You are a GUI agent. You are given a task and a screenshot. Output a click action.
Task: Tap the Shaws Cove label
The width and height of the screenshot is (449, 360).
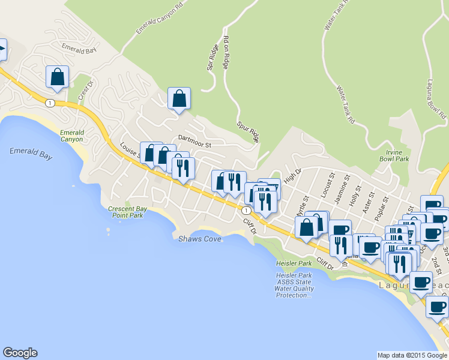[x=200, y=239]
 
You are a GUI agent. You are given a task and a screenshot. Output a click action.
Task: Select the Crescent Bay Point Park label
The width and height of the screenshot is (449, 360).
[x=126, y=212]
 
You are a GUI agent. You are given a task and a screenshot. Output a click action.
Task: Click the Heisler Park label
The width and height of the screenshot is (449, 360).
[x=294, y=263]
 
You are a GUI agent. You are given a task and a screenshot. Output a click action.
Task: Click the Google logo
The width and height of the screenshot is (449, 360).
[x=20, y=353]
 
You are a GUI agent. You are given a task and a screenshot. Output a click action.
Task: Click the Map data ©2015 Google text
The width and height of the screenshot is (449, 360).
[x=412, y=355]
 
